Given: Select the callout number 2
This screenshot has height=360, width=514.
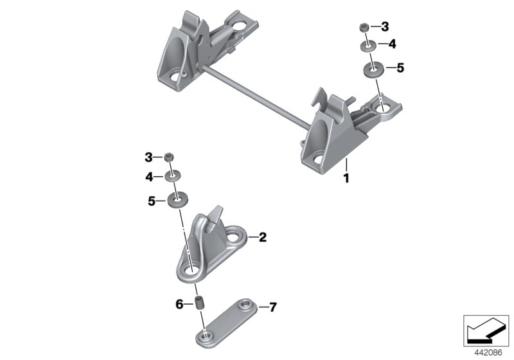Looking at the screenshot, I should click(x=262, y=237).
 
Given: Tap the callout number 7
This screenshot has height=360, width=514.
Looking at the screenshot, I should click(x=272, y=308).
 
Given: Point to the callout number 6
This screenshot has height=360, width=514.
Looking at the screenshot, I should click(x=179, y=303).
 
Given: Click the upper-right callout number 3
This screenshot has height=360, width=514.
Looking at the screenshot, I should click(x=385, y=27).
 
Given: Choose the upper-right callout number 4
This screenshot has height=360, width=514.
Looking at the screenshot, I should click(x=391, y=44).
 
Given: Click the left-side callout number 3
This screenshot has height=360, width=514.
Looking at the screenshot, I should click(x=148, y=157).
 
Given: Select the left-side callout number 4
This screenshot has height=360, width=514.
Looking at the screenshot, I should click(x=148, y=175).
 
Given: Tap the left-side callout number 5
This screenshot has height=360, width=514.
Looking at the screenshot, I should click(x=152, y=201).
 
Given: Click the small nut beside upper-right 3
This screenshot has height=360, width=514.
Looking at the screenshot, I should click(x=364, y=27).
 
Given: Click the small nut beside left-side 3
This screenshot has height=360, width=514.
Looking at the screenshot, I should click(x=170, y=157).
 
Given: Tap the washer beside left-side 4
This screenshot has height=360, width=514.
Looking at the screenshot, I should click(x=172, y=175).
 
